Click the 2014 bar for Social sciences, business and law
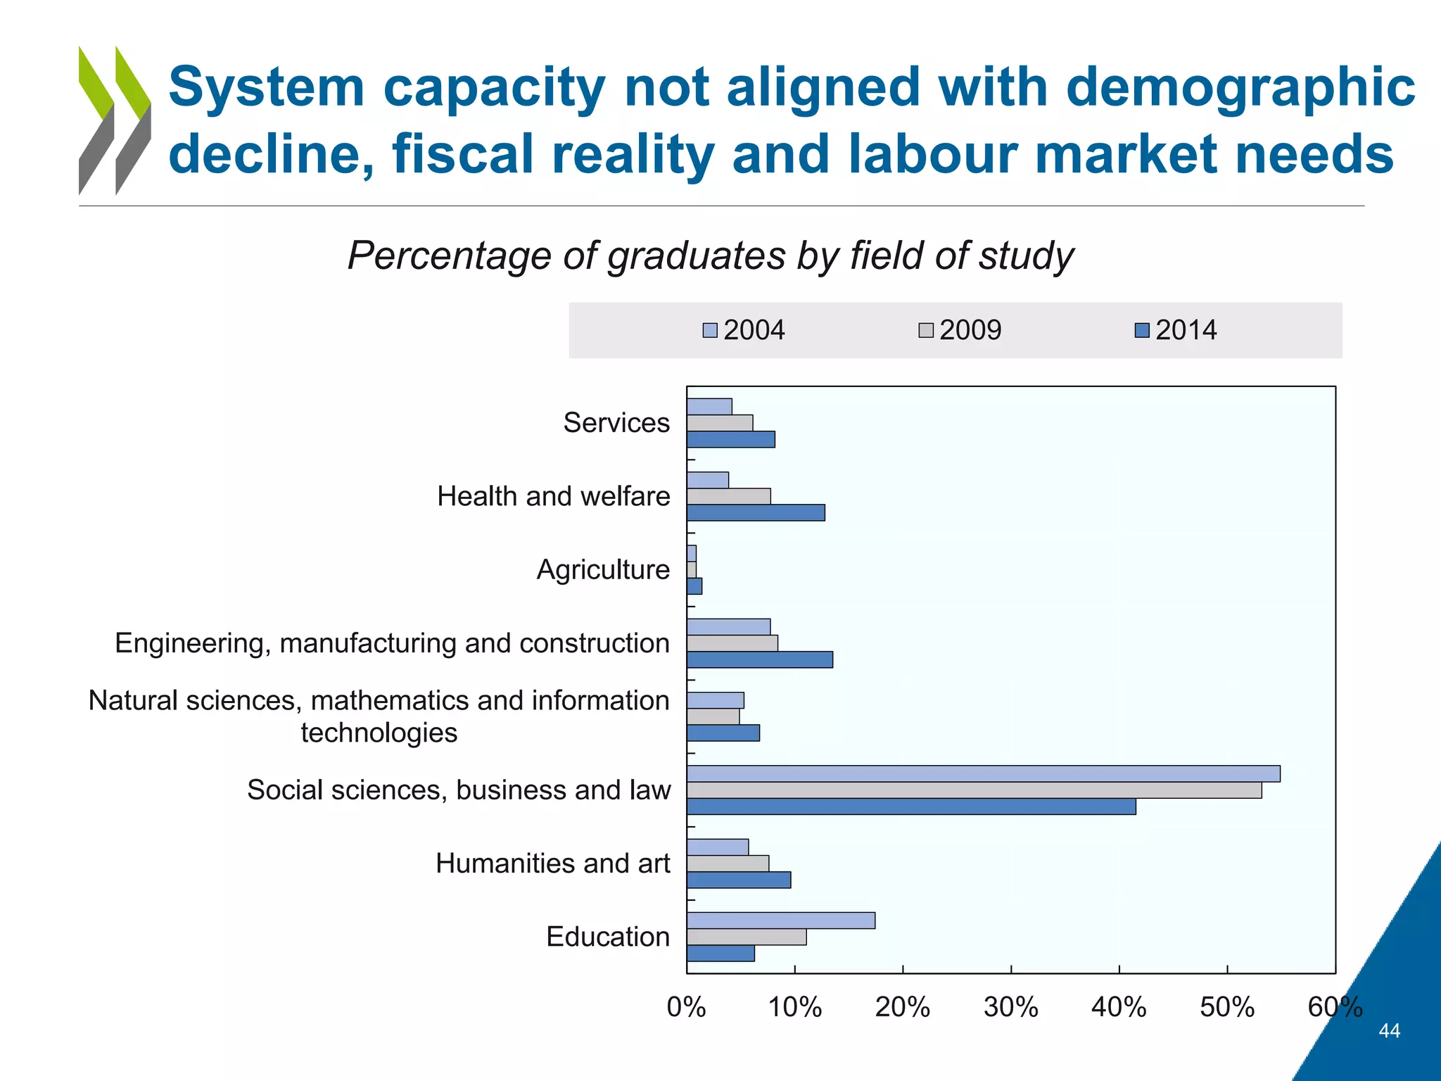pos(911,807)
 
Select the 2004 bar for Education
pos(781,921)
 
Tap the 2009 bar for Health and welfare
pos(728,496)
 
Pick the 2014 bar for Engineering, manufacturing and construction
pos(760,659)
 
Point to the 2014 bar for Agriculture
pos(694,586)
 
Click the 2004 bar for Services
pos(709,407)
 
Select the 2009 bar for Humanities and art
pos(728,864)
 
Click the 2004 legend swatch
pos(710,331)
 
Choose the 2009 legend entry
pos(960,330)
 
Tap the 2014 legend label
pos(1186,330)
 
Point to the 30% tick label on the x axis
pos(1010,1008)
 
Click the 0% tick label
pos(686,1008)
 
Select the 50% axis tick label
pos(1226,1008)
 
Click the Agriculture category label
pos(603,569)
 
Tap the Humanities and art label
pos(552,864)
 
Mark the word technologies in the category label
pos(379,733)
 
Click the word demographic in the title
pos(1240,87)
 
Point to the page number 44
pos(1389,1031)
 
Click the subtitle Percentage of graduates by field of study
pos(711,255)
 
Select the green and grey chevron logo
pos(115,120)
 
